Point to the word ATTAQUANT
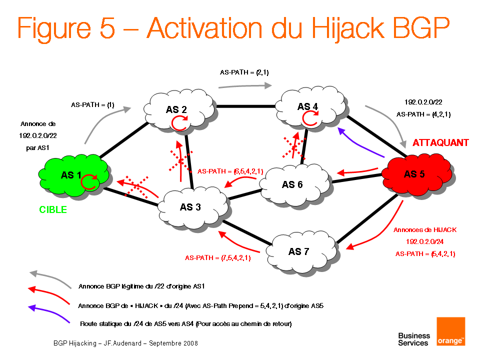point(440,143)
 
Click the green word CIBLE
point(53,209)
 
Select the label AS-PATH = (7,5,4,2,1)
point(218,258)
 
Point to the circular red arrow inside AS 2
point(179,122)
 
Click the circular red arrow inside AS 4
point(310,118)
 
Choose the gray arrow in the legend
point(48,278)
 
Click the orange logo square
point(450,331)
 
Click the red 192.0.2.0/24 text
point(424,242)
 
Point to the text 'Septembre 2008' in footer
point(173,343)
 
